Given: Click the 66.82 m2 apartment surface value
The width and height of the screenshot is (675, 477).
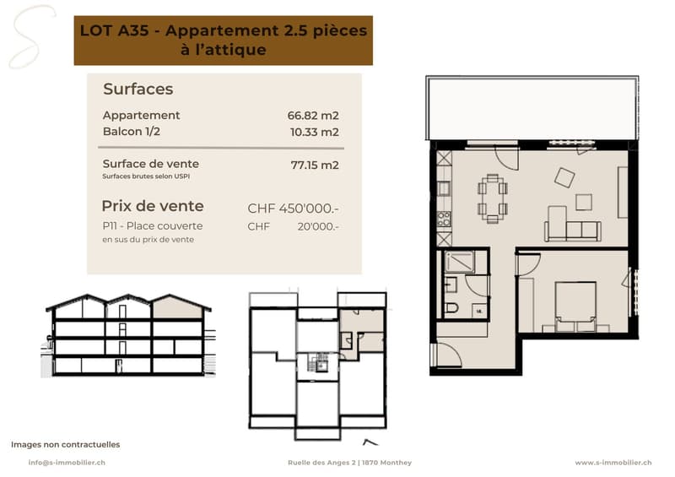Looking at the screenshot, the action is pos(313,116).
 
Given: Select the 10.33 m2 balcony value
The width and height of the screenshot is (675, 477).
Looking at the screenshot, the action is pos(314,132).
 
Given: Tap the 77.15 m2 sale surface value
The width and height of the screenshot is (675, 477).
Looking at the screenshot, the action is pos(315,165).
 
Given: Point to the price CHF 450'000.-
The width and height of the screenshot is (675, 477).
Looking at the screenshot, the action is pos(293,209).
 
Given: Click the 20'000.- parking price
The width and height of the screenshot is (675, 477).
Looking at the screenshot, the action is pos(318,226).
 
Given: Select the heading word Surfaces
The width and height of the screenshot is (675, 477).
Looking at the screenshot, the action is pos(138,89).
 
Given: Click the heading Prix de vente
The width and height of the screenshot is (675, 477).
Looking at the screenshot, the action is pos(153,206).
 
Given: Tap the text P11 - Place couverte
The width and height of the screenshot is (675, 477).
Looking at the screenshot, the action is pos(153,225).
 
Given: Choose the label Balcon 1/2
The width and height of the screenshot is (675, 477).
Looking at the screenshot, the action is pos(132,132).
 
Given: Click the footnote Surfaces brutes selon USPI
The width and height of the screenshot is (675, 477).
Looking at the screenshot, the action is pos(146,176).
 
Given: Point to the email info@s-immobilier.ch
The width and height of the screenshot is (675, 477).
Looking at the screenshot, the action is pos(67,463).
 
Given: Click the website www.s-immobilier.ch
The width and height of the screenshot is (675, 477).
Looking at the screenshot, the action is pos(613,463).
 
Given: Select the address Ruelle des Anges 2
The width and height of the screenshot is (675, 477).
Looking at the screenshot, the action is pos(322,463).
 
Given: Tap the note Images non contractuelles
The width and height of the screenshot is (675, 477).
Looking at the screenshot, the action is pos(66,444).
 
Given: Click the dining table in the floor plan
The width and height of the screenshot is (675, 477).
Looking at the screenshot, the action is pos(493,198).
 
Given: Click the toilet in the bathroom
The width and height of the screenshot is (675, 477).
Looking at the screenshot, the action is pos(451,307).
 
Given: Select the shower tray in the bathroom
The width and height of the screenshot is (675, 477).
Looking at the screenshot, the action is pos(460,262).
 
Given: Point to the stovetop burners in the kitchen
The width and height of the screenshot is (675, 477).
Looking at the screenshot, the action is pos(444,219).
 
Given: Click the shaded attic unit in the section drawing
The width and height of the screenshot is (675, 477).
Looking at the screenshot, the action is pos(177,307).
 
